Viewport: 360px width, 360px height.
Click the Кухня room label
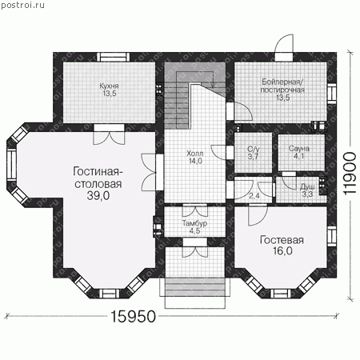tap(109, 86)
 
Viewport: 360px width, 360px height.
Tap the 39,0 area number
tap(98, 196)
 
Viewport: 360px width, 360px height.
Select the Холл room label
tap(195, 154)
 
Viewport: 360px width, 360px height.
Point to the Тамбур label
tap(194, 223)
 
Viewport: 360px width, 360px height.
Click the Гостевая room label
tap(282, 240)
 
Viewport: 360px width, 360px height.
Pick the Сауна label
tap(299, 149)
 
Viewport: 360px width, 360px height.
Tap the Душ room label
tap(307, 186)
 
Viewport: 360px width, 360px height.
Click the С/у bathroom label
tap(252, 150)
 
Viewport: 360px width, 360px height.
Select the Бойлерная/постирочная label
tap(282, 86)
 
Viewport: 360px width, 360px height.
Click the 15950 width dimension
tap(133, 317)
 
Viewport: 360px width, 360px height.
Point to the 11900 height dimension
tap(350, 174)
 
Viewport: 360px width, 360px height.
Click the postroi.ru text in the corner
tap(23, 6)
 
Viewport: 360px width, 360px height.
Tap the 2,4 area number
tap(254, 196)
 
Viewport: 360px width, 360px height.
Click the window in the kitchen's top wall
tap(113, 57)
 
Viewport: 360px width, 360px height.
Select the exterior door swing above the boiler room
tap(284, 44)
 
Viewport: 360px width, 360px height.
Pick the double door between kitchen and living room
tap(109, 135)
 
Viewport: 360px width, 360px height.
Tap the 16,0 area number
tap(282, 251)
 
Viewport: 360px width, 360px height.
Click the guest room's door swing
tap(258, 215)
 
